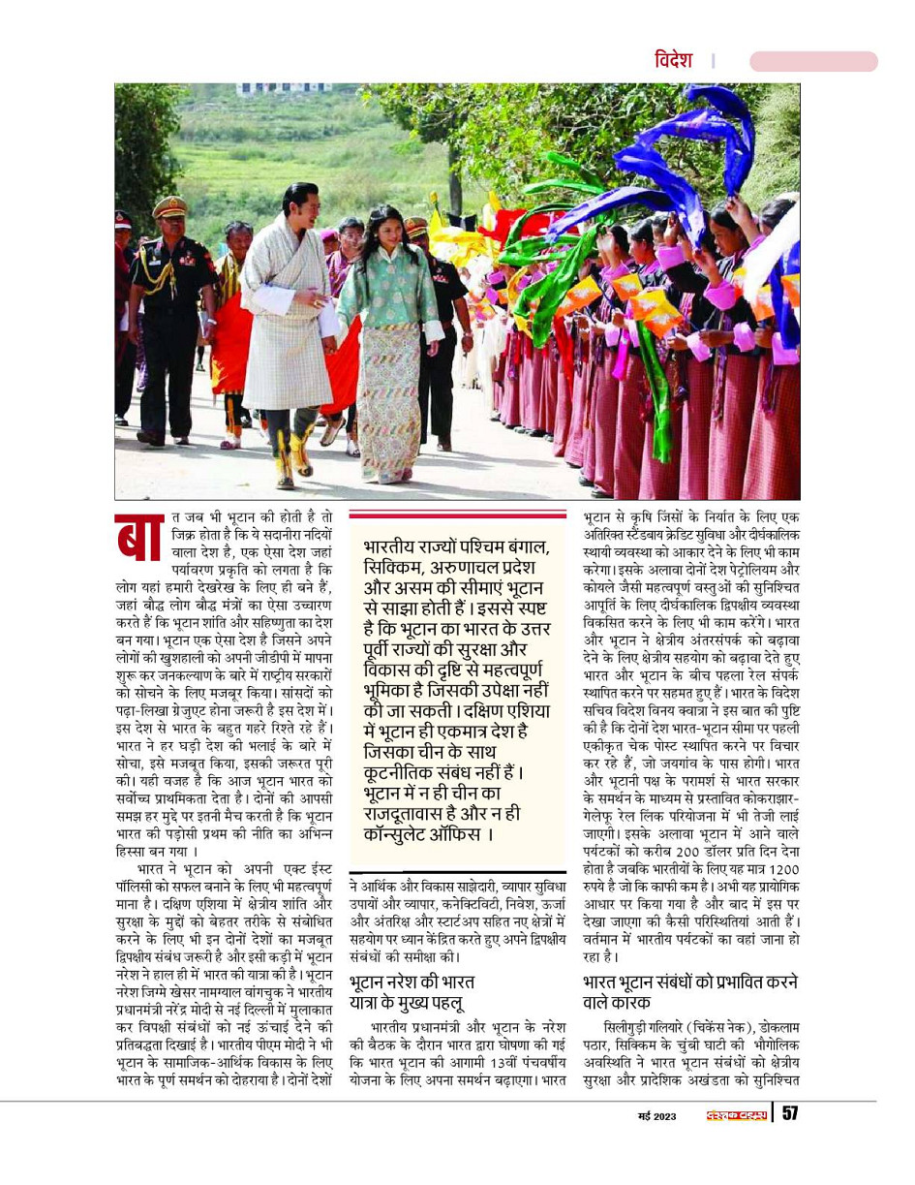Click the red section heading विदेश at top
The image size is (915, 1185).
673,61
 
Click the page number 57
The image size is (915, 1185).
789,1114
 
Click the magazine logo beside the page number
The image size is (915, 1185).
734,1115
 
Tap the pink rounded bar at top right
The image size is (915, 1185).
812,62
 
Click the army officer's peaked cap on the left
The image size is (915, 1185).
169,206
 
